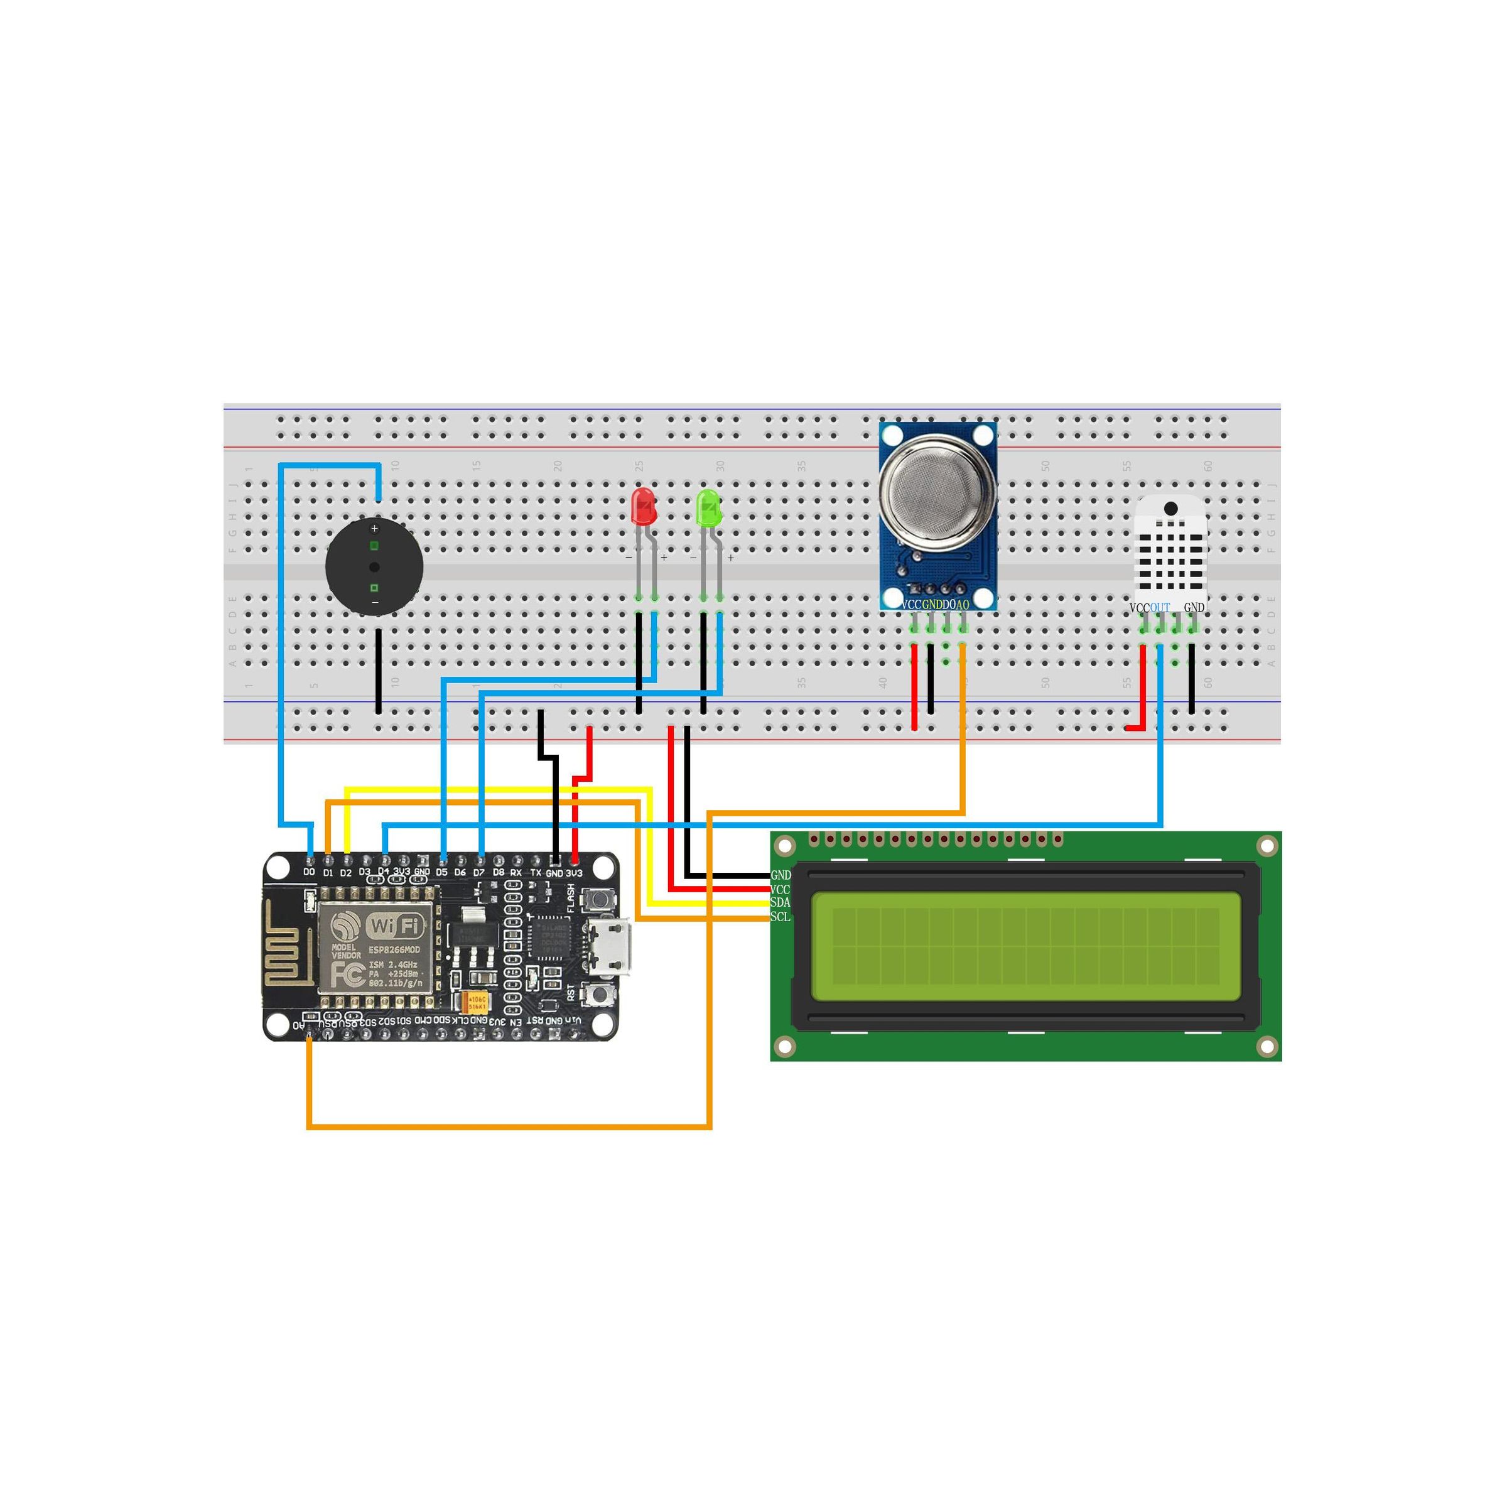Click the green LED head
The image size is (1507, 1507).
coord(708,508)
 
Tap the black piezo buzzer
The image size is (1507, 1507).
coord(374,567)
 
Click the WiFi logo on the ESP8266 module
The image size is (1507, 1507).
coord(396,927)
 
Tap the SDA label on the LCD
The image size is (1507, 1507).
coord(780,902)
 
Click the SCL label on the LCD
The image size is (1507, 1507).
coord(780,917)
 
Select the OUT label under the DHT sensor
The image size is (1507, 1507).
coord(1160,608)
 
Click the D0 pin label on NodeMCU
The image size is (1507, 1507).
coord(309,872)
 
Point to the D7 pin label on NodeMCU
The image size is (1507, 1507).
coord(479,872)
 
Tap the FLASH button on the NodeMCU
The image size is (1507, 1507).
coord(599,899)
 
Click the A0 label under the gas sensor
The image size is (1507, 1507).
coord(963,605)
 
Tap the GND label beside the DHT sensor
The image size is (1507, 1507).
coord(1194,608)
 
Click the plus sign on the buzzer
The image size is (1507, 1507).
coord(374,529)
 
